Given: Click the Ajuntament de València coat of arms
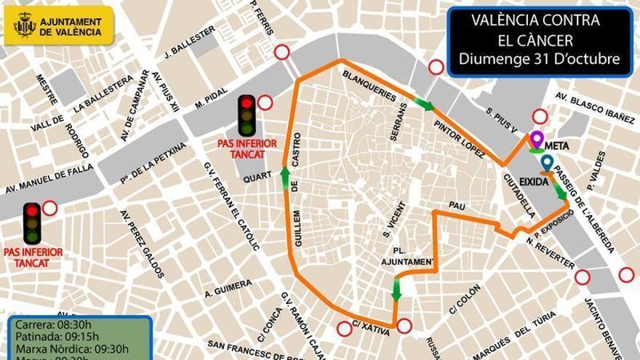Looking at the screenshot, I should (x=25, y=25).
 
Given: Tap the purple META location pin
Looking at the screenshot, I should (x=537, y=140).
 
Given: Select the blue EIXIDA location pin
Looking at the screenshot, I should (x=546, y=164).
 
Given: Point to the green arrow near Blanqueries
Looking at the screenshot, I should (x=423, y=105).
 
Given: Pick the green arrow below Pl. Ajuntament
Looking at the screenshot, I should (x=396, y=290).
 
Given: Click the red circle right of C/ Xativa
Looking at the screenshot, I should (x=404, y=325).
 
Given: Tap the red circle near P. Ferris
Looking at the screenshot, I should (x=281, y=52).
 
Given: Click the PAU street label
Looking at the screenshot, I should (x=456, y=206).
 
